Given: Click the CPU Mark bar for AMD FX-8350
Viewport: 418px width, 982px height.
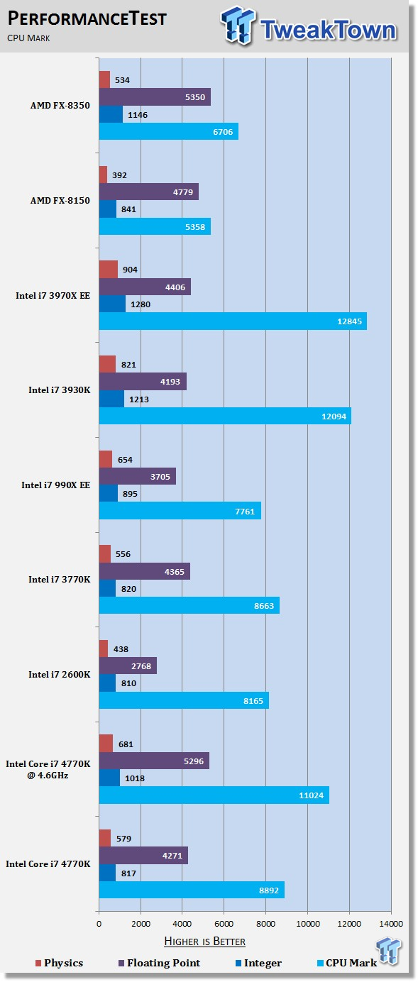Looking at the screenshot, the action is tap(168, 131).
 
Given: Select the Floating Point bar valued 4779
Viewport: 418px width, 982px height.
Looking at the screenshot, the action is tap(149, 192).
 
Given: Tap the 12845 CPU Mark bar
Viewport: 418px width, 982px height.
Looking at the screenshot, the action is tap(233, 321).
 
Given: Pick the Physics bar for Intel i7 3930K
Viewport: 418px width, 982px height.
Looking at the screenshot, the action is tap(107, 364).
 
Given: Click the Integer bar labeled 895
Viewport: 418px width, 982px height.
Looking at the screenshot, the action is tap(109, 494).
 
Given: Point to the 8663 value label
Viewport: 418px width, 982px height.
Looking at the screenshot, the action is tap(263, 606).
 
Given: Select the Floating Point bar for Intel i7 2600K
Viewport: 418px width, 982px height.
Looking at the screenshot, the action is tap(128, 666).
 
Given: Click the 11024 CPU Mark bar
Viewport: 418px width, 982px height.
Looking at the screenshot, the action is tap(214, 795).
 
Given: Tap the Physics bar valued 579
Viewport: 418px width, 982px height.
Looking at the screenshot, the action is tap(105, 838).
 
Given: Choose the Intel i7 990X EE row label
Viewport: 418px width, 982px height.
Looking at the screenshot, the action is tap(55, 485).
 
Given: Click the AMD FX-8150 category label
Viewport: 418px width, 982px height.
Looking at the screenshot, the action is tap(60, 200).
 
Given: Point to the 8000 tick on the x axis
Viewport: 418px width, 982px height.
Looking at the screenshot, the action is tap(266, 924).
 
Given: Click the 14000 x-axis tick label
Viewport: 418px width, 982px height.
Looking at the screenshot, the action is tap(391, 924).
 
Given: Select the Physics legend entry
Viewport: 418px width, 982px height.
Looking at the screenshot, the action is tap(59, 963).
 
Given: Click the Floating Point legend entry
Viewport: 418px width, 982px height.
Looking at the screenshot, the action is tap(159, 963).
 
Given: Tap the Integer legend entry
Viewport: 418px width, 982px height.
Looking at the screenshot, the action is tap(259, 963).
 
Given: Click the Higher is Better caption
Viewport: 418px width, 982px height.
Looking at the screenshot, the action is tap(205, 942).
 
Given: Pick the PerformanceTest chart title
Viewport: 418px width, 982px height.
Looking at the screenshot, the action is tap(87, 19).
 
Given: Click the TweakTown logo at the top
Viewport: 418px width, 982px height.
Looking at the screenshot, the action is tap(309, 26).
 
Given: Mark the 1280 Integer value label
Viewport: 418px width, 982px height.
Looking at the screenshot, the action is tap(141, 304).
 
